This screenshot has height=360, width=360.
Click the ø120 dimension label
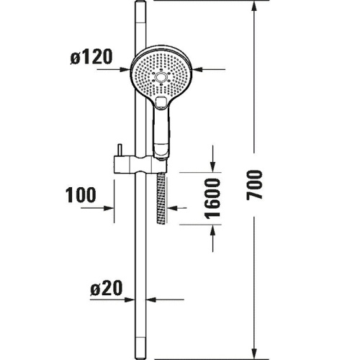[x=91, y=57]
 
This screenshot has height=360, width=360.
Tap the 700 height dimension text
[x=254, y=185]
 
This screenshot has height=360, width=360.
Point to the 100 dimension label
[x=81, y=195]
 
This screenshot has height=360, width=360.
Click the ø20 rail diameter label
[x=107, y=288]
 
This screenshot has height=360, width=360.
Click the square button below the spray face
[x=161, y=101]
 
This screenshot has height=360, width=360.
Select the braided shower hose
[x=161, y=199]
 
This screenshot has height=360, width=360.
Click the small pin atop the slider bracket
[x=120, y=150]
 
